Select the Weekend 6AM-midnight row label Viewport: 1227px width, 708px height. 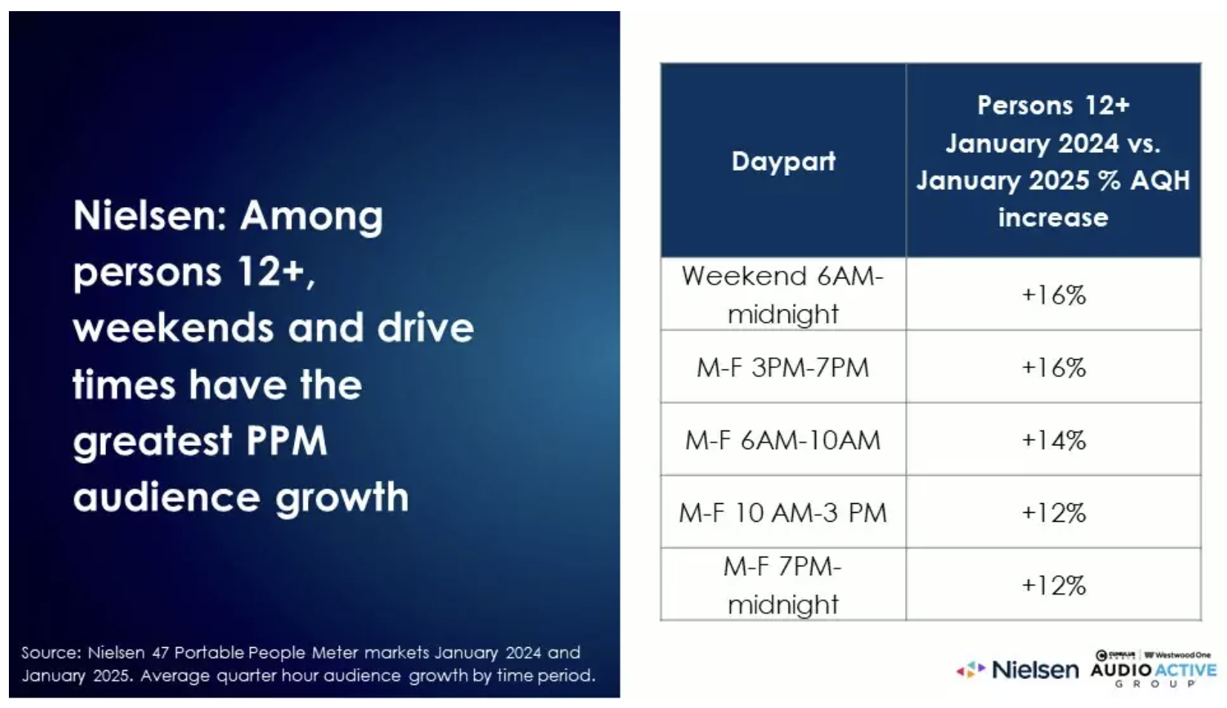click(783, 295)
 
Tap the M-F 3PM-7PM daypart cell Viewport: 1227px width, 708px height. click(783, 367)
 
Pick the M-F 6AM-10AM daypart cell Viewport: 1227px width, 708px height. click(783, 440)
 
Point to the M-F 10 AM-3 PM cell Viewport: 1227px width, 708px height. click(783, 513)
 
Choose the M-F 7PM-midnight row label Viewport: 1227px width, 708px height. click(783, 586)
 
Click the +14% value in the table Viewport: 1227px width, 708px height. click(1053, 440)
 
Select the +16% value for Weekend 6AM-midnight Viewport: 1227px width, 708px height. click(1053, 295)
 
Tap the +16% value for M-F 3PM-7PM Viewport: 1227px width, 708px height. click(1053, 367)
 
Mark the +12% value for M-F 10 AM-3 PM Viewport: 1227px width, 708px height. click(1053, 513)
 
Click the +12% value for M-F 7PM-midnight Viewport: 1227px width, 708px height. click(1053, 586)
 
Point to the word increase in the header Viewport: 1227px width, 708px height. click(1053, 217)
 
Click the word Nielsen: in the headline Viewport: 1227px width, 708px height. click(150, 215)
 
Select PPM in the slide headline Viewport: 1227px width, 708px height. click(286, 440)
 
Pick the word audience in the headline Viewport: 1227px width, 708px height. click(166, 496)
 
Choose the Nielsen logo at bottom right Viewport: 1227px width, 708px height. click(1017, 670)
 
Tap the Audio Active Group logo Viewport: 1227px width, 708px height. click(1153, 669)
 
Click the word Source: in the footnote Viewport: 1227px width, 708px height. click(51, 652)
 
